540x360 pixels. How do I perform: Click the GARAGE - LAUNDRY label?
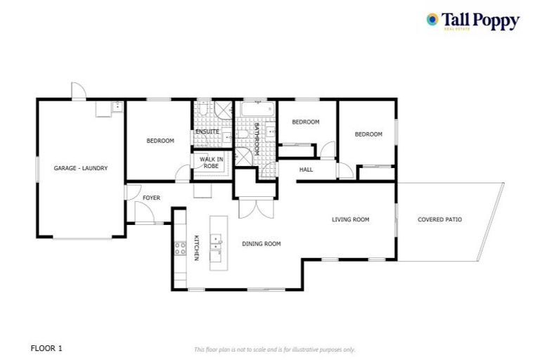pos(81,169)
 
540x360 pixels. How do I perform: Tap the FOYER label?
pos(151,198)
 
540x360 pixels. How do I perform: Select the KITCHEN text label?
pos(197,247)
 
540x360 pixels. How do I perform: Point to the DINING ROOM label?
pos(262,244)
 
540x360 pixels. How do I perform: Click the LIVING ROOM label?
pos(350,219)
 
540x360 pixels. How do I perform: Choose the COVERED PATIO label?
pos(439,219)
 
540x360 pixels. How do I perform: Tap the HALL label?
pos(306,170)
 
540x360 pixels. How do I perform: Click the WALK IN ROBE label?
pos(211,162)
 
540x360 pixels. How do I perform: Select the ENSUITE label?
pos(207,131)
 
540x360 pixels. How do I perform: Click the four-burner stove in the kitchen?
pos(179,247)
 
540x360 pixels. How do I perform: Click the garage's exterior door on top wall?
pos(78,91)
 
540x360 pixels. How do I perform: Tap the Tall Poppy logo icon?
pos(432,20)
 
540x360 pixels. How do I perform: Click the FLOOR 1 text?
pos(47,347)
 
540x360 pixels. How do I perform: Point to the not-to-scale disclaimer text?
pos(274,349)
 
